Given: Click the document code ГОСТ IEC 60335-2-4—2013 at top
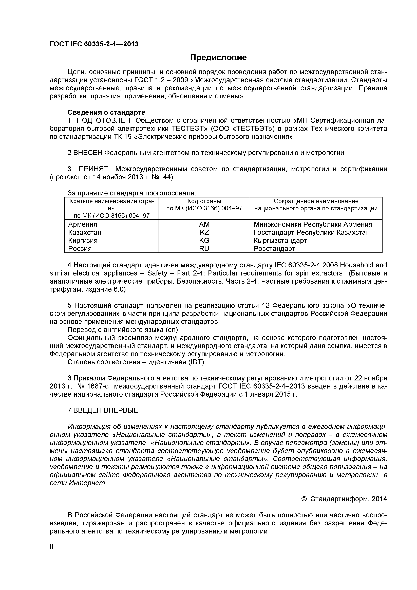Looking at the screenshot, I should [94, 44].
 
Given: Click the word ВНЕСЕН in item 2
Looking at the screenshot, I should [88, 153].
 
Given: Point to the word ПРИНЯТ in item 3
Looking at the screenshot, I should [93, 169].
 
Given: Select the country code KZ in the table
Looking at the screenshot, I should [204, 233].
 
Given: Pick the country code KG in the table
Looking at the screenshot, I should [204, 241].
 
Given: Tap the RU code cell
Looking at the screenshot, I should [204, 248].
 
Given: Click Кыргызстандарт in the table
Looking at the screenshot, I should [280, 241].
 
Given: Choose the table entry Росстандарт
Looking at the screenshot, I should [274, 248].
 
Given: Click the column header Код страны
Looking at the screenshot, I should [204, 201].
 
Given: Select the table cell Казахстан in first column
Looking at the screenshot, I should [85, 233].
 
